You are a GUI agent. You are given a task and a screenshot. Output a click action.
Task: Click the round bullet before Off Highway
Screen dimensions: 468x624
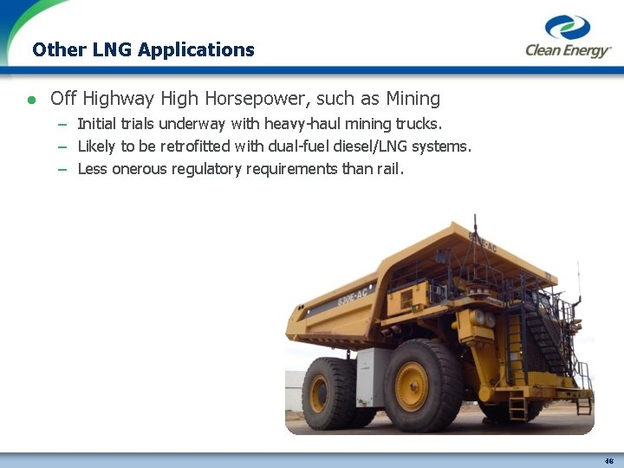[32, 100]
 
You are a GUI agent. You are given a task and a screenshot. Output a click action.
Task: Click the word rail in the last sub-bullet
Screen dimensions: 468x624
[388, 169]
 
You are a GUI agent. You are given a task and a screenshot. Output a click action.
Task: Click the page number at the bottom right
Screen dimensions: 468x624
[608, 460]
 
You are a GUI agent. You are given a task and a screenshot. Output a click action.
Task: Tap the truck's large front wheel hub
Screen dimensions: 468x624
[413, 387]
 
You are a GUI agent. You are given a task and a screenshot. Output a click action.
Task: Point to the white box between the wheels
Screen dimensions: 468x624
[373, 378]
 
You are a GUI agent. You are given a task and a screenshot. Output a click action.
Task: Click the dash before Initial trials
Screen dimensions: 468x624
[62, 124]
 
